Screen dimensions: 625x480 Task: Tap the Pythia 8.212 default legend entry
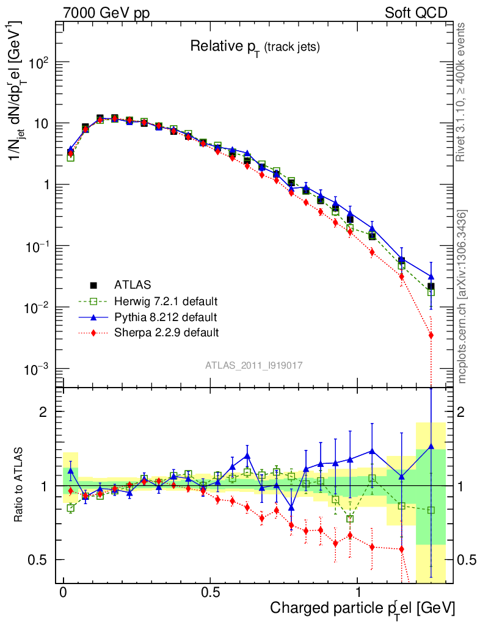[x=165, y=317]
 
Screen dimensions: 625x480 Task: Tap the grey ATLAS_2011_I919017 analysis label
[x=254, y=365]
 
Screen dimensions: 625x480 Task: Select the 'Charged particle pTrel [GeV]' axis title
[x=362, y=608]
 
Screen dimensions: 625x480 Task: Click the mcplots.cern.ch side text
[x=462, y=296]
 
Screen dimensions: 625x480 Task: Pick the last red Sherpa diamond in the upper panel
[x=431, y=335]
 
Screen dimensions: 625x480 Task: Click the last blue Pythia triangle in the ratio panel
[x=431, y=447]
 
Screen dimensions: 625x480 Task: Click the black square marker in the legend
[x=93, y=285]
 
